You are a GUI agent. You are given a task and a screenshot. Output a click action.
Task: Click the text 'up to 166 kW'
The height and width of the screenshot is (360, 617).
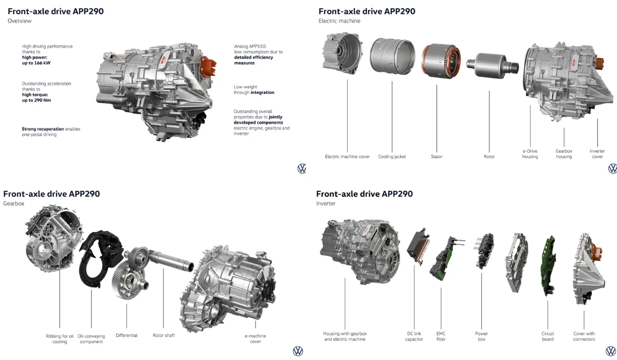point(36,63)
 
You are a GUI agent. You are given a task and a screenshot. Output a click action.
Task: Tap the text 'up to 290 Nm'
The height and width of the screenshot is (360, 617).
point(36,100)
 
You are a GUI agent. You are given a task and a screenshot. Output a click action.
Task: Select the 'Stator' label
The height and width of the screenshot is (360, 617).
point(437,156)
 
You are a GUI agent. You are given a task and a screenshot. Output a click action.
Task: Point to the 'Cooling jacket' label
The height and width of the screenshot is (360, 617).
point(392,156)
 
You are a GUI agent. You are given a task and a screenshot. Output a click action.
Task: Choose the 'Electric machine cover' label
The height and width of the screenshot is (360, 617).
point(347,156)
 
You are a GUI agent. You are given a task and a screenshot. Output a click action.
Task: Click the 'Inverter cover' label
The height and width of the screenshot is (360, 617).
point(597,154)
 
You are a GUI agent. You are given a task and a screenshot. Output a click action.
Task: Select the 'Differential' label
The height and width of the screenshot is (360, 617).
point(126,335)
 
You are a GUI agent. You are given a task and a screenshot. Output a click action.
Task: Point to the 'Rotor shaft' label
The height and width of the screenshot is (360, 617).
point(164,335)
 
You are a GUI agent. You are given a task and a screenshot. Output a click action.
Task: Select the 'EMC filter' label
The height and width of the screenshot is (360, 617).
point(441,336)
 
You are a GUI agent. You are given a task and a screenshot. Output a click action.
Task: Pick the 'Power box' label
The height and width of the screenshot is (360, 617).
point(481,336)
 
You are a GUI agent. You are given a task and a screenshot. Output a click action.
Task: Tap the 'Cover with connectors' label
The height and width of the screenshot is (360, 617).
point(584,336)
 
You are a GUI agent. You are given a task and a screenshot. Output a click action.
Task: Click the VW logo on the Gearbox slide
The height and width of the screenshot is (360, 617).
point(298,351)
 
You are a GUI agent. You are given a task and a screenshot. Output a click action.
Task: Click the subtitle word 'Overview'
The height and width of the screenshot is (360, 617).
point(20,21)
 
